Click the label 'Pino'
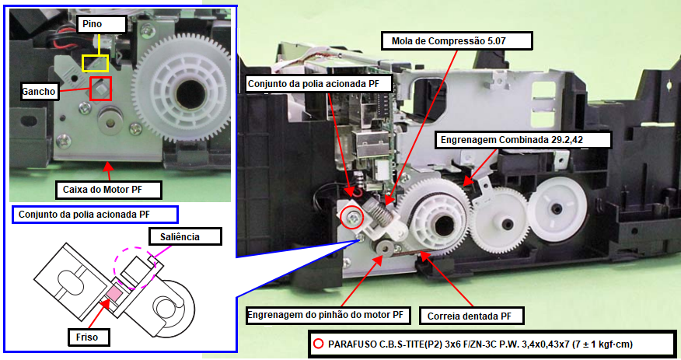pos(93,25)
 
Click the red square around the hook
pos(100,88)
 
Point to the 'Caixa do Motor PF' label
pos(108,189)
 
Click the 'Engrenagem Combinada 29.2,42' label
pos(522,140)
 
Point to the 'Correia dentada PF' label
pos(470,316)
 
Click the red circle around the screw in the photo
pos(351,218)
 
